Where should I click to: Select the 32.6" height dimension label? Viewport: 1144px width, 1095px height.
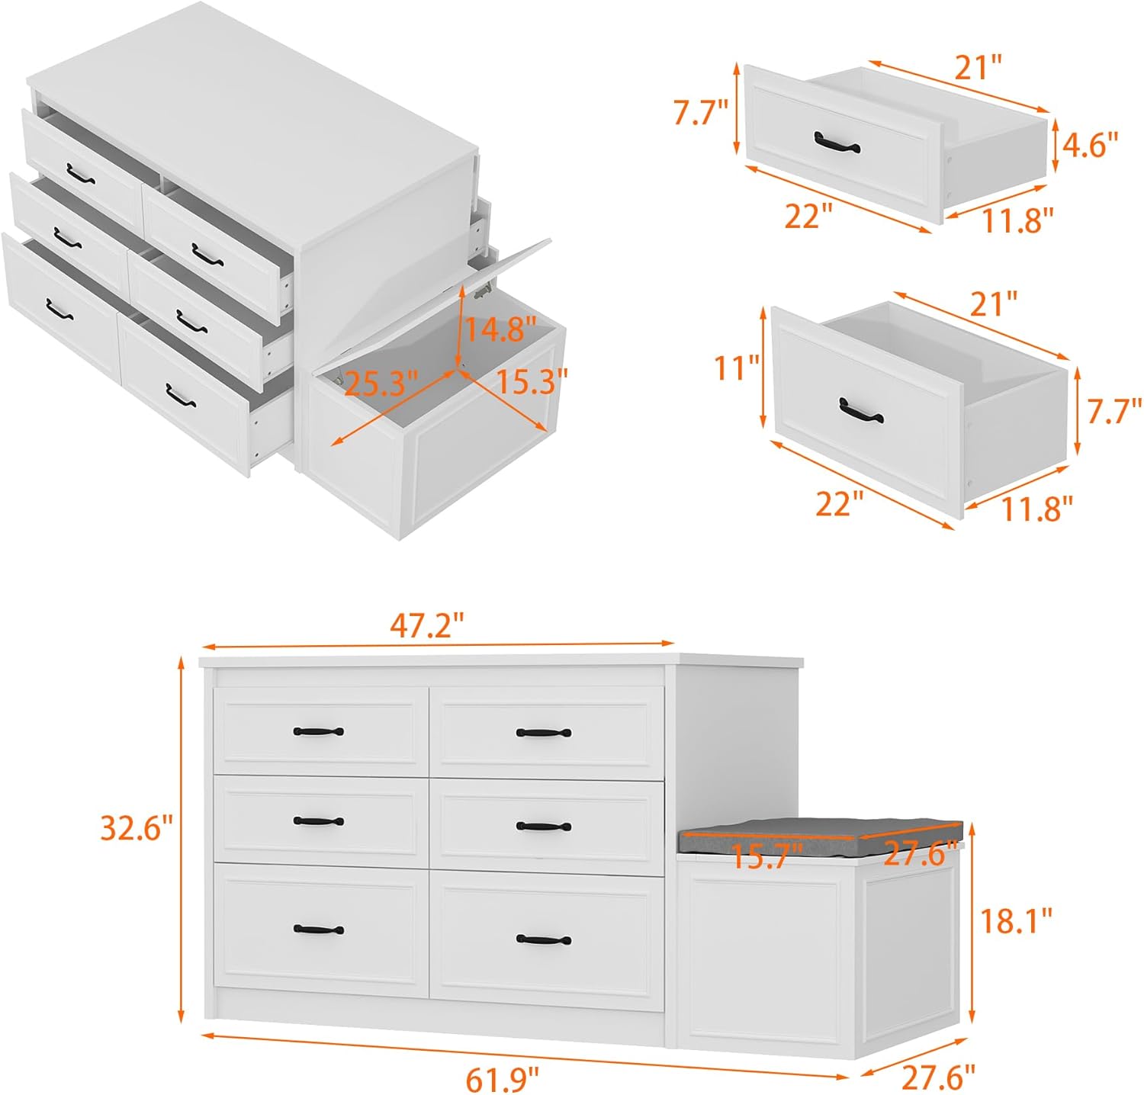point(137,827)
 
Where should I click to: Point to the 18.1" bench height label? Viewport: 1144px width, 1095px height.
point(1015,920)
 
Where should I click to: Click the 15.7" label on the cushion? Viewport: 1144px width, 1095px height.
point(767,856)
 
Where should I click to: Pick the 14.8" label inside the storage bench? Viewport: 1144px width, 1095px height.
point(496,329)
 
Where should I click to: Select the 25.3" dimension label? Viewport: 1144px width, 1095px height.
point(381,383)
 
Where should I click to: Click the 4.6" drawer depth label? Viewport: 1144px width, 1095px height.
point(1090,144)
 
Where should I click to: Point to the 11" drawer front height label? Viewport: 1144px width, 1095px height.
point(737,368)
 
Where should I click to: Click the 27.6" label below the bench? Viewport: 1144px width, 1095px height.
point(938,1077)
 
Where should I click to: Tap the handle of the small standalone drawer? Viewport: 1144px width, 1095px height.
point(836,143)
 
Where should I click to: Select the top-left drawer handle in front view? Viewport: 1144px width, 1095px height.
point(318,731)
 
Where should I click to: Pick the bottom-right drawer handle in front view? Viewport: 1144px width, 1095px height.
point(543,939)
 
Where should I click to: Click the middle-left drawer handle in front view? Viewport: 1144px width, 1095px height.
point(318,821)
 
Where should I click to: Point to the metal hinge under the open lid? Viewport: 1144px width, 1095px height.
point(480,291)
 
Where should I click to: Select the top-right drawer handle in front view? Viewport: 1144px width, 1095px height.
point(543,733)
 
